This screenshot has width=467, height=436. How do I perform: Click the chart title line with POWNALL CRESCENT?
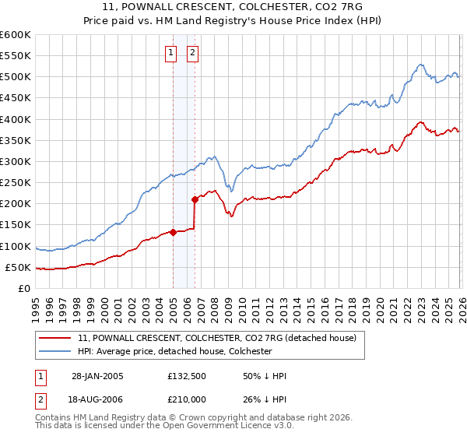pyautogui.click(x=233, y=7)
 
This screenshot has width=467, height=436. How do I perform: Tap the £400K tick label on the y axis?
pyautogui.click(x=15, y=119)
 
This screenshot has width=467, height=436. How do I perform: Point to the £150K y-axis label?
pyautogui.click(x=15, y=225)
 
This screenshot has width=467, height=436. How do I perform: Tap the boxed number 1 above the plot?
pyautogui.click(x=170, y=53)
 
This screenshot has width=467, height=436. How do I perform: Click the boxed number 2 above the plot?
pyautogui.click(x=192, y=53)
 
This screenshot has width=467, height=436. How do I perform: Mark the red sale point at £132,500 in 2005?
pyautogui.click(x=173, y=231)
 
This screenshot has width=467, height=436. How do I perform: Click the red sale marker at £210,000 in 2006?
pyautogui.click(x=195, y=199)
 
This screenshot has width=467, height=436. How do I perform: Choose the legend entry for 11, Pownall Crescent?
pyautogui.click(x=216, y=338)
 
